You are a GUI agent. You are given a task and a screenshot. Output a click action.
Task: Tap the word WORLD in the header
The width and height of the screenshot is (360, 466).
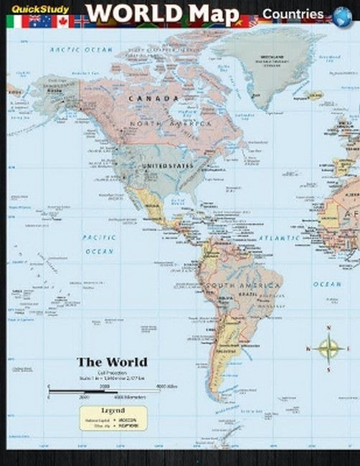(125, 14)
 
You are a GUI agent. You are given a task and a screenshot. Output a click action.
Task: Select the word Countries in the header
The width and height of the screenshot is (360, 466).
(293, 14)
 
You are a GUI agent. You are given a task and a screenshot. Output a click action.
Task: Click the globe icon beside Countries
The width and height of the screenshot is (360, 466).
(343, 14)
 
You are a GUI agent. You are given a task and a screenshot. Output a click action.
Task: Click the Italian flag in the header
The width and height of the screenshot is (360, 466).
(14, 22)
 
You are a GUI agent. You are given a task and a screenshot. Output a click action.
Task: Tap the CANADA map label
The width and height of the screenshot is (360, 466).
(154, 98)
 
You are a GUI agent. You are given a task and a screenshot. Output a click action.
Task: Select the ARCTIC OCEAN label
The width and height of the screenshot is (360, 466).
(82, 49)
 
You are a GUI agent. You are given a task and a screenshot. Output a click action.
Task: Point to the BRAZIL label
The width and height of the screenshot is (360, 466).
(249, 295)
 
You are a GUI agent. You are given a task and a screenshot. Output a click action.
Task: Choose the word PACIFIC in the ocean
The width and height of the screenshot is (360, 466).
(98, 237)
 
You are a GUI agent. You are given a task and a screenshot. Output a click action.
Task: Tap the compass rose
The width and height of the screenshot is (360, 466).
(329, 349)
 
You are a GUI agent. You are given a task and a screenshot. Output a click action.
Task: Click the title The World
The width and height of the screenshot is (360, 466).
(112, 361)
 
